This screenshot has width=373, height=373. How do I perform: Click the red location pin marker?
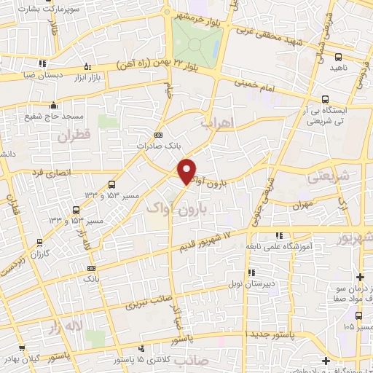pyautogui.click(x=187, y=170)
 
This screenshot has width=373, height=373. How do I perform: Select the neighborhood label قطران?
pyautogui.click(x=72, y=136)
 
